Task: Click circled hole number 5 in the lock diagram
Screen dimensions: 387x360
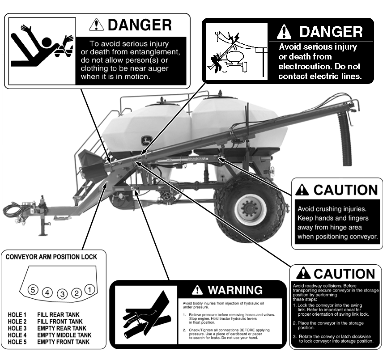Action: [33, 290]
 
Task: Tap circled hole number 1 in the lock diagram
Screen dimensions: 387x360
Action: [89, 289]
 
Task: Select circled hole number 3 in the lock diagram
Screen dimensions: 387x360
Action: [62, 294]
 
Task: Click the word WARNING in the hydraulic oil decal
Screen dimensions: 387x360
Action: [235, 290]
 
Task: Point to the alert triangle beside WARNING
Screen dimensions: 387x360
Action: [197, 290]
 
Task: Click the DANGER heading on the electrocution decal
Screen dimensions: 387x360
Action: [331, 32]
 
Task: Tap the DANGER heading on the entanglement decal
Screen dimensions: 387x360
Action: [140, 25]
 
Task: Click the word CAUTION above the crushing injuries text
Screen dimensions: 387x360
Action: [345, 190]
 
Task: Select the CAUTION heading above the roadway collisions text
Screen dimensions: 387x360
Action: [344, 274]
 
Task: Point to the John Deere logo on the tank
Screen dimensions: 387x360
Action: [145, 140]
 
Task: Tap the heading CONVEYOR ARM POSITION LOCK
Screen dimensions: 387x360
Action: [51, 257]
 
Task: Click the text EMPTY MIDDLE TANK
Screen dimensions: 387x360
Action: [64, 335]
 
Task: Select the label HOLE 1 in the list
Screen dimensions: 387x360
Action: [17, 315]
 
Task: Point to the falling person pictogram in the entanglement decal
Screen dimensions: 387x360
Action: [42, 46]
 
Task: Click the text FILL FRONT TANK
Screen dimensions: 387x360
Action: [60, 322]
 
